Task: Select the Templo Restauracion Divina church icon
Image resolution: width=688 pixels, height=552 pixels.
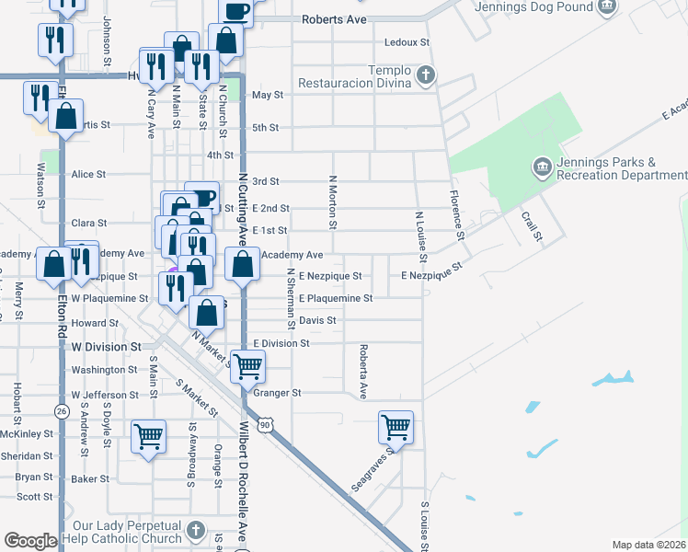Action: (425, 75)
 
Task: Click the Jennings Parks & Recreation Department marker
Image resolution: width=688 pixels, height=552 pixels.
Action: (540, 167)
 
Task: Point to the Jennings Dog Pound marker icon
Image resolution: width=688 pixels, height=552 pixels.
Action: (606, 7)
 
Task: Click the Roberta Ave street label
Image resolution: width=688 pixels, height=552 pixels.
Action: (364, 373)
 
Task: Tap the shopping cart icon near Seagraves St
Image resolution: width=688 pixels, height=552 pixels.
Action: (396, 427)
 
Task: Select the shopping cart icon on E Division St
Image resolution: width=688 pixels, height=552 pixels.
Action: (247, 366)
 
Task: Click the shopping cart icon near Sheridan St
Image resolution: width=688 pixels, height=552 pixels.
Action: (148, 436)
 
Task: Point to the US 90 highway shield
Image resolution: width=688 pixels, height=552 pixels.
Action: (265, 424)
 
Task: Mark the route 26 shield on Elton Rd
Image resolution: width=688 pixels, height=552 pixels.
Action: (62, 410)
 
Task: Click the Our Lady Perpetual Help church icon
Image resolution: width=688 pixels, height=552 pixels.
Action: (195, 529)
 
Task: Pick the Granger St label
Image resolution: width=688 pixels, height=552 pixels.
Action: (283, 393)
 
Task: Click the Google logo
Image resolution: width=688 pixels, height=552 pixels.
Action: (30, 541)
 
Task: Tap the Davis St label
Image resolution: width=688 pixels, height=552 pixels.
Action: (317, 320)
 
